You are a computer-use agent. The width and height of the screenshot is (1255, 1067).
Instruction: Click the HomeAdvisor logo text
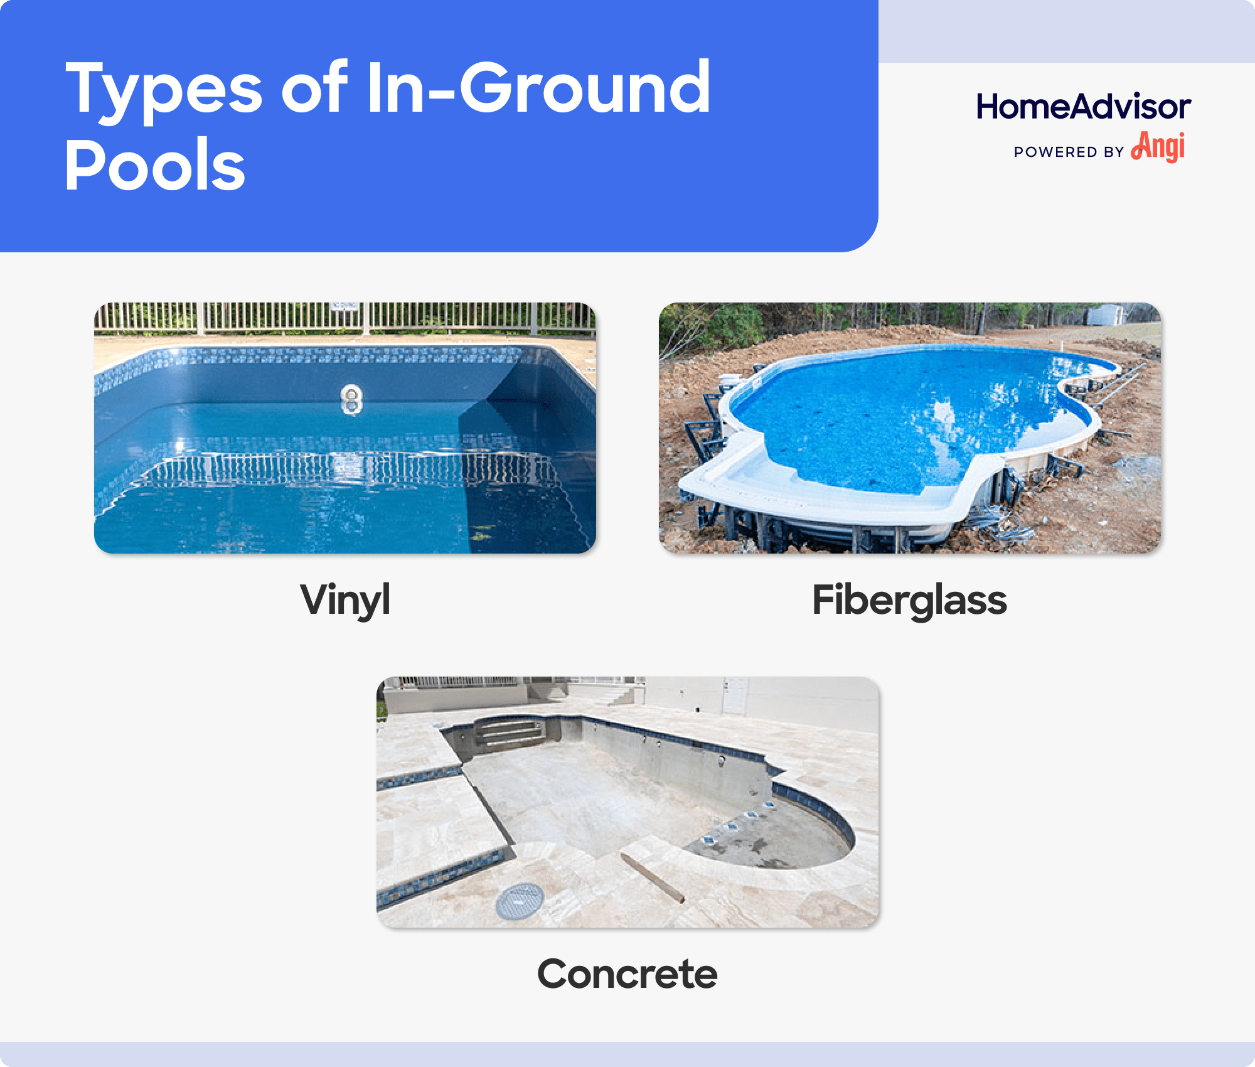click(1083, 107)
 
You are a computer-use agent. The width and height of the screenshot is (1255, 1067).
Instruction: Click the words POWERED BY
click(1068, 152)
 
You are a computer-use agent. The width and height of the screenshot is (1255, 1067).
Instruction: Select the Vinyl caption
click(345, 600)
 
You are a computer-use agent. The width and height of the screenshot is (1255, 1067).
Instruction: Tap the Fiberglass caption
click(909, 600)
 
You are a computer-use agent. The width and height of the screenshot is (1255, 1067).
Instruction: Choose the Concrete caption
click(627, 974)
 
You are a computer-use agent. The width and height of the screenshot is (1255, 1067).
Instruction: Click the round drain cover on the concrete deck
click(520, 901)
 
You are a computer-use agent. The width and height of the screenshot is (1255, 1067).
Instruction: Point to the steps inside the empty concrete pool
click(510, 732)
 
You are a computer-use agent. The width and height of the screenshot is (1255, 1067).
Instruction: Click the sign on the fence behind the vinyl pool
click(344, 306)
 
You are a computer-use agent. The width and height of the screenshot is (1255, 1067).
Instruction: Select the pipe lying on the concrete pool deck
click(653, 877)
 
